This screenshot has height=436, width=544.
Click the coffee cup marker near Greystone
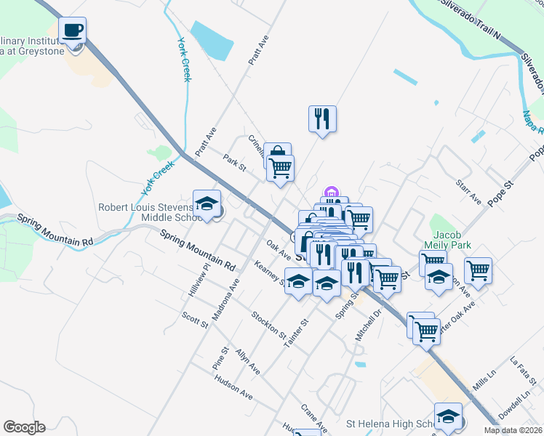[72, 31]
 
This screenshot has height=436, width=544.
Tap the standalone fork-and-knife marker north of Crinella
[322, 118]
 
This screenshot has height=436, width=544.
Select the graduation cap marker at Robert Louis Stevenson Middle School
[207, 203]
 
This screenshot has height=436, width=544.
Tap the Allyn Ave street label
[247, 361]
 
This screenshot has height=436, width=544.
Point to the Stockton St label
[268, 325]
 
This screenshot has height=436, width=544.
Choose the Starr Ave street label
[468, 193]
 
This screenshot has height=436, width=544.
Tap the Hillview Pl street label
[199, 278]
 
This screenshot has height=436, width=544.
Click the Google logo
[24, 427]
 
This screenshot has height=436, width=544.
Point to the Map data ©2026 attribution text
[513, 430]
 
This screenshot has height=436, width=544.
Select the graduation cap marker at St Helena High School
[448, 416]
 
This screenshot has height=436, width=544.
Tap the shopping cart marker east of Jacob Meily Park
[478, 270]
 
